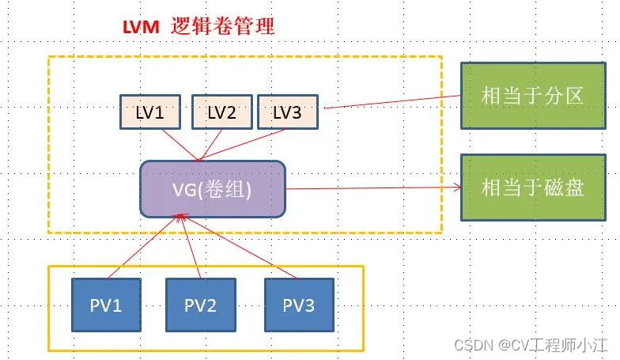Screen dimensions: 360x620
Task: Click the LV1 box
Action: [150, 112]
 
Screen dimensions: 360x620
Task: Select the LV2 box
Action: [221, 112]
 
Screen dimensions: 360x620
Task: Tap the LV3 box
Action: [287, 112]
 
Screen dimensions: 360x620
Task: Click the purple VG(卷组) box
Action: [212, 190]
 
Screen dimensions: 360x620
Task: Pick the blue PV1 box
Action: [107, 304]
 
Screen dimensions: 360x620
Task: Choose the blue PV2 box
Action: [201, 304]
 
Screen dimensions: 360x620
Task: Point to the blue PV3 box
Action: [299, 304]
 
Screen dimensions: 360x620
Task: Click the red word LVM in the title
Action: [142, 27]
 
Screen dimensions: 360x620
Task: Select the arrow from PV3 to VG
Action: [237, 247]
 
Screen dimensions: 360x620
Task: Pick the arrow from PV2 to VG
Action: [191, 247]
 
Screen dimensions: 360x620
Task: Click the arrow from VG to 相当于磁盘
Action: [372, 189]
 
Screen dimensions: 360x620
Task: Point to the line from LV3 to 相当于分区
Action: [391, 101]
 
